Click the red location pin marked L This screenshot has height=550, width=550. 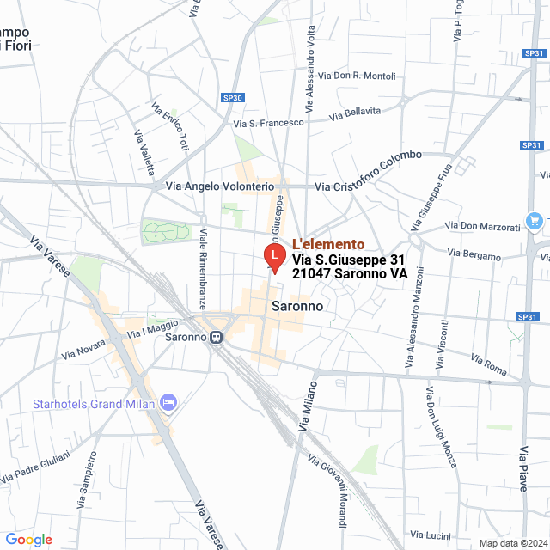(x=273, y=256)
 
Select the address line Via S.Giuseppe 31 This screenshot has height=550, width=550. (x=348, y=259)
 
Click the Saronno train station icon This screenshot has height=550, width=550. (x=216, y=337)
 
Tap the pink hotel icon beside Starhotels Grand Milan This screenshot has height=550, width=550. (x=168, y=402)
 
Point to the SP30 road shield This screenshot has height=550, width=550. (x=232, y=98)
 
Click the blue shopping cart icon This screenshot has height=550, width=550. (x=535, y=220)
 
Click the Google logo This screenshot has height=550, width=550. (x=28, y=540)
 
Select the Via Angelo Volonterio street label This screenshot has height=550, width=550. (x=213, y=186)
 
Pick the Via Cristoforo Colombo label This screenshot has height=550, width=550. (x=370, y=172)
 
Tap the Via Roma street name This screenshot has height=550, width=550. (x=490, y=364)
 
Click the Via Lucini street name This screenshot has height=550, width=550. (x=431, y=535)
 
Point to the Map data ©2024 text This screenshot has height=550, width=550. (x=513, y=543)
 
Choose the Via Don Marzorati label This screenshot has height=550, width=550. (x=483, y=226)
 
